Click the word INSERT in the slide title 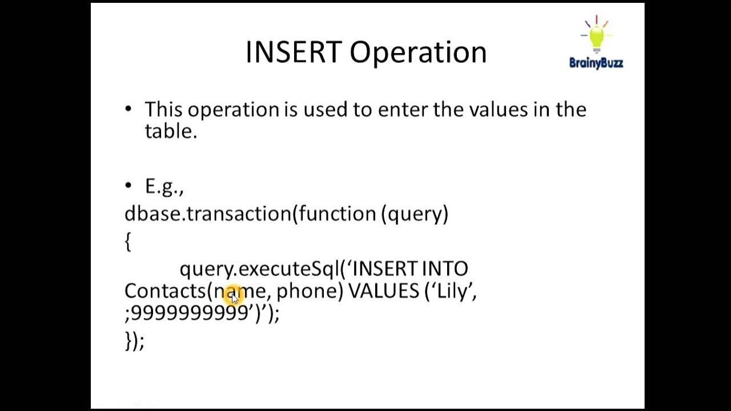[x=293, y=53]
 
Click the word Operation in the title [x=418, y=53]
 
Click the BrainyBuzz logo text [x=596, y=63]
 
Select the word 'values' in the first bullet [x=498, y=109]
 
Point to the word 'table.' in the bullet [x=171, y=131]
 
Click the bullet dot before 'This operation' [x=128, y=108]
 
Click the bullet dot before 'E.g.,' [x=128, y=186]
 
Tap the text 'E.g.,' [x=164, y=187]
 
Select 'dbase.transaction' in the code [x=208, y=213]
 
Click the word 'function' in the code [x=337, y=213]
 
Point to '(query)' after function [x=415, y=213]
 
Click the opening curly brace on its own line [x=128, y=241]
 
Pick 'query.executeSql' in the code [x=260, y=269]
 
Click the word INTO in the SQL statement [x=445, y=268]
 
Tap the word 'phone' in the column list [x=307, y=291]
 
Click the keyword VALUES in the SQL [x=384, y=291]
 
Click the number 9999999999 [x=190, y=313]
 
